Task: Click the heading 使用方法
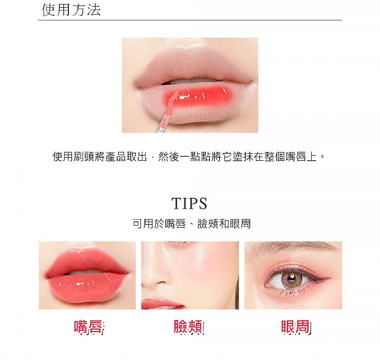pos(71,10)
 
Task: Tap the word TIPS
pos(189,203)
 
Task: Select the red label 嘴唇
pos(89,327)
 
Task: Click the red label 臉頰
pos(188,327)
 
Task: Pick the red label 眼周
pos(296,327)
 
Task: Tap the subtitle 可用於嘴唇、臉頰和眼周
pos(191,223)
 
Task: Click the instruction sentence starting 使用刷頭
pos(188,157)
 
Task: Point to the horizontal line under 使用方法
pos(190,20)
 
